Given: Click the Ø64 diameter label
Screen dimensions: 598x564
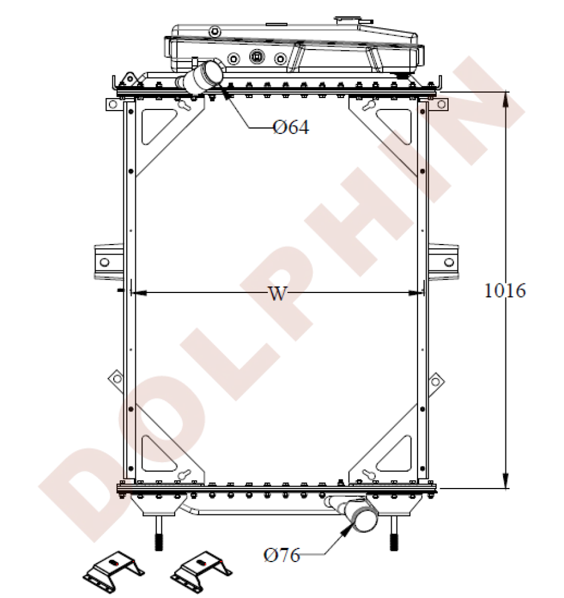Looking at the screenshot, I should (x=291, y=127).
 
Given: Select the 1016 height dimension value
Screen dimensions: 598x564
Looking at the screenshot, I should (x=505, y=291).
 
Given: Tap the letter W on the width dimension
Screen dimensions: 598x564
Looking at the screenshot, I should (x=276, y=294).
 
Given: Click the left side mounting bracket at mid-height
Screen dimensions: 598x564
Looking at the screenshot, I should (x=106, y=261).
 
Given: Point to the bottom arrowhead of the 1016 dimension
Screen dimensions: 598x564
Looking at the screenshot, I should (x=506, y=481).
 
